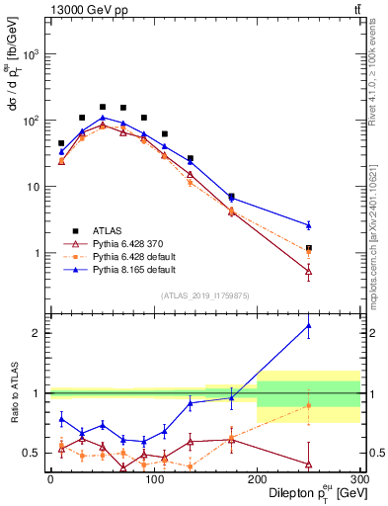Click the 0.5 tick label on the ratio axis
tap(34, 454)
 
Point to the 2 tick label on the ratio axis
tap(38, 333)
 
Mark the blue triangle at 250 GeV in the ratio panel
tap(308, 325)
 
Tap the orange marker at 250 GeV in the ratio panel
tap(308, 406)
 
